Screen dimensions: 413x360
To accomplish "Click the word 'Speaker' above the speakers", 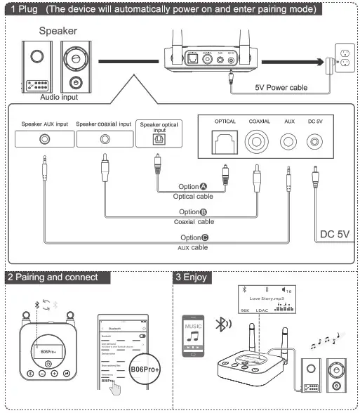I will tap(58, 32).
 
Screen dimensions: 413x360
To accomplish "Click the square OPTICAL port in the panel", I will tap(225, 145).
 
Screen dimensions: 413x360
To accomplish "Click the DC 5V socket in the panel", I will tap(316, 144).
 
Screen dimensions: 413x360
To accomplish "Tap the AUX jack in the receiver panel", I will tap(289, 145).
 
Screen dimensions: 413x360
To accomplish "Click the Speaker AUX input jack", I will tap(45, 139).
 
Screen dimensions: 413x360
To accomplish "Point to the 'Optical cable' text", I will tap(193, 197).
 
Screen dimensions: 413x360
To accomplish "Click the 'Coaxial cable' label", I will tap(194, 221).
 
